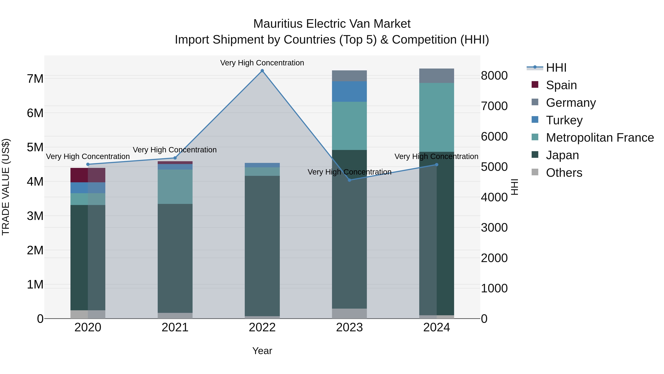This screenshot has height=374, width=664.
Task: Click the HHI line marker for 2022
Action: tap(262, 71)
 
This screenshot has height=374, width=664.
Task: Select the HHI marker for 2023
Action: tap(350, 180)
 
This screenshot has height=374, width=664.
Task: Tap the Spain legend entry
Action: tap(561, 85)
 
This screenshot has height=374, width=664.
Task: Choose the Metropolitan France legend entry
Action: tap(600, 138)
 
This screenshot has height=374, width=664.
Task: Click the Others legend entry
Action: tap(564, 173)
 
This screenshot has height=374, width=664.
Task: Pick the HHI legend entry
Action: tap(556, 68)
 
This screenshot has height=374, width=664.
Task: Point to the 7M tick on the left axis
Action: tap(35, 79)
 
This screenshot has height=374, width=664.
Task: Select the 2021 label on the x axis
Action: tap(175, 327)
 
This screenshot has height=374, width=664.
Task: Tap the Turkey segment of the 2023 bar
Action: tap(349, 92)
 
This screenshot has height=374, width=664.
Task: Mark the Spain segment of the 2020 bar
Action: tap(88, 175)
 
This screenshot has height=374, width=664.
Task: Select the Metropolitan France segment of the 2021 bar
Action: tap(175, 187)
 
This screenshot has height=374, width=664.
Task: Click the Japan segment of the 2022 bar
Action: tap(262, 245)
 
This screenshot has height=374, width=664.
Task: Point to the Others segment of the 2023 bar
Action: tap(349, 313)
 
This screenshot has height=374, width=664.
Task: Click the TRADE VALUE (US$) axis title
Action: tap(6, 187)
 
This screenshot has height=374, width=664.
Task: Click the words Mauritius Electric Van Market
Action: tap(332, 24)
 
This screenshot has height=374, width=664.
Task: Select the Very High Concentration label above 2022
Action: tap(262, 63)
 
